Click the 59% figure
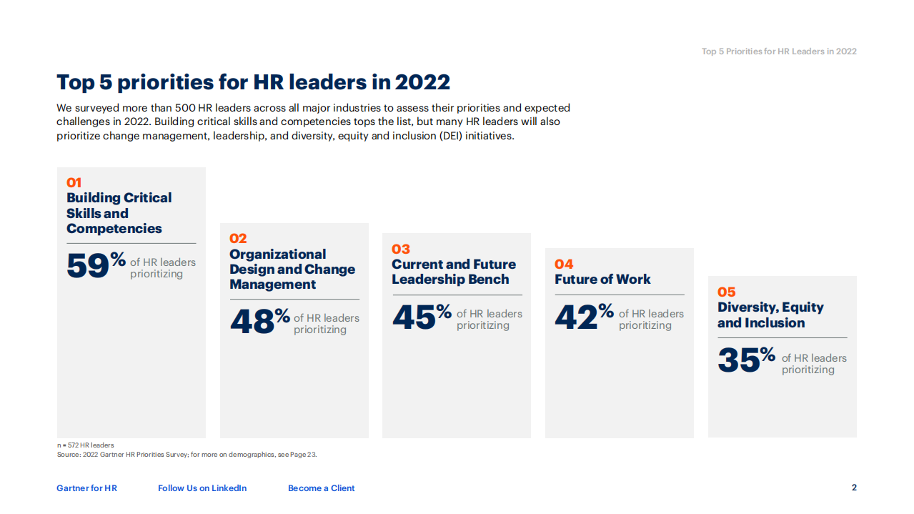point(96,265)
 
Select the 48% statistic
point(259,320)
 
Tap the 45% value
point(422,316)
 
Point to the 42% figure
point(584,316)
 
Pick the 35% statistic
point(746,360)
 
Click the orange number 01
point(74,183)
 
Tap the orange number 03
point(401,249)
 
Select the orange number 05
point(727,292)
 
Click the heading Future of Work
point(602,280)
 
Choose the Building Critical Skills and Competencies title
point(119,213)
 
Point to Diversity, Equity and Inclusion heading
point(770,315)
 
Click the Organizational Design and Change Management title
point(292,269)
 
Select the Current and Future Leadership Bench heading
point(453,272)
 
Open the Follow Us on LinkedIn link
point(202,488)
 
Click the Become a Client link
point(321,488)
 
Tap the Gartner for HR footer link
point(86,488)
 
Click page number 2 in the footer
point(854,488)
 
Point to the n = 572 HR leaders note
point(85,445)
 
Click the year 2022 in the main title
point(422,82)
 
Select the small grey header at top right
point(779,51)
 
